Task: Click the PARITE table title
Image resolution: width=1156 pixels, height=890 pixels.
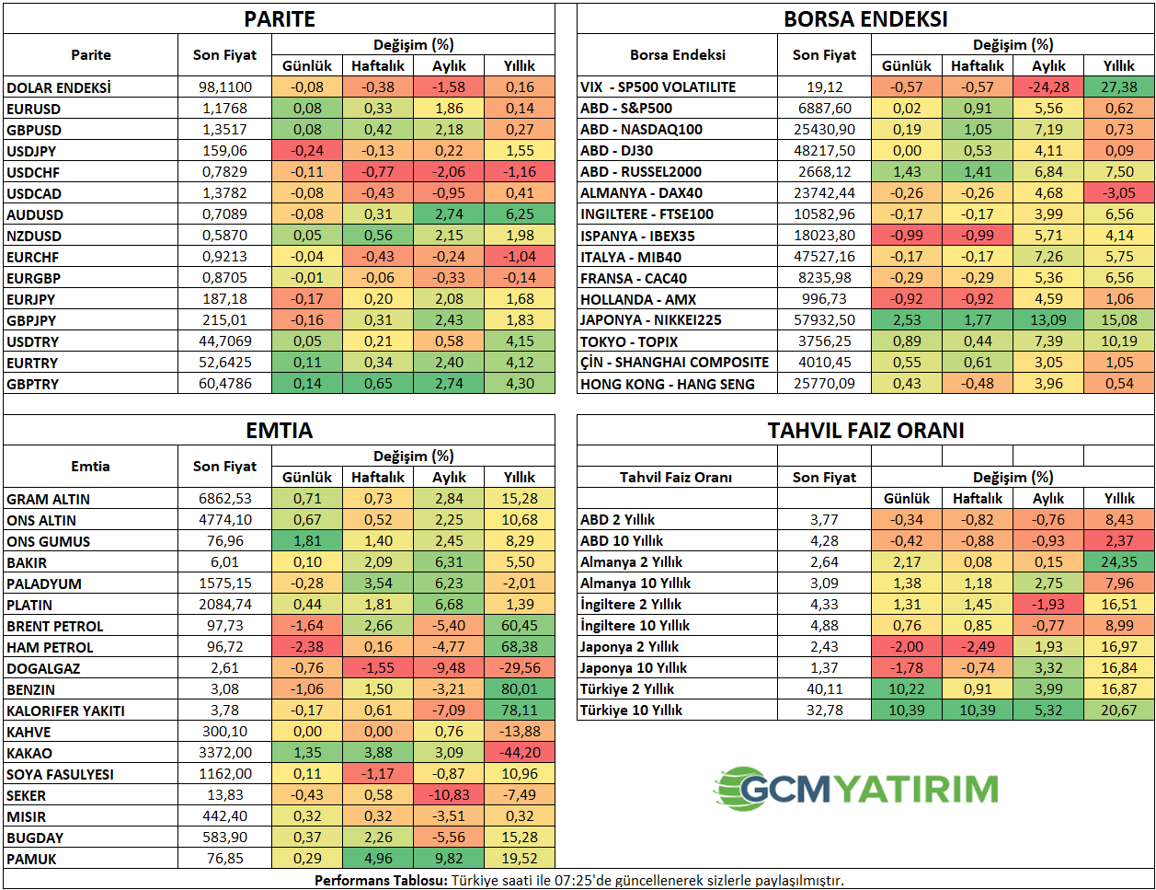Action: pyautogui.click(x=279, y=19)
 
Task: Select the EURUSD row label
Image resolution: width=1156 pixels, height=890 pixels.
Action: pyautogui.click(x=34, y=109)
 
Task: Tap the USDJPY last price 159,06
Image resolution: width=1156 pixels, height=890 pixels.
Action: pyautogui.click(x=224, y=151)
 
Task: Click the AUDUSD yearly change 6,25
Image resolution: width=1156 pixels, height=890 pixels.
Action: pyautogui.click(x=520, y=214)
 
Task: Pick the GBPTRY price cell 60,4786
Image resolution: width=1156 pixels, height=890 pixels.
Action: pyautogui.click(x=224, y=384)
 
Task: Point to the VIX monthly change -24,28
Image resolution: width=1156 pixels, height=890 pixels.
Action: pyautogui.click(x=1048, y=87)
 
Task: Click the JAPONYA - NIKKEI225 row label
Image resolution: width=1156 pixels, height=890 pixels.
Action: pyautogui.click(x=650, y=320)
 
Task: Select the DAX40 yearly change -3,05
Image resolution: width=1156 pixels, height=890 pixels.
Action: pyautogui.click(x=1119, y=193)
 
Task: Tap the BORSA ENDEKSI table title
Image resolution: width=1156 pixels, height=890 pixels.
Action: pyautogui.click(x=865, y=19)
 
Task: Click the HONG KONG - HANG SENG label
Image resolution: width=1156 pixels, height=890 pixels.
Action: pyautogui.click(x=667, y=384)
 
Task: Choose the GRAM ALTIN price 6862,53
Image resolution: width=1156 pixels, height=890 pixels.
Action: pyautogui.click(x=224, y=499)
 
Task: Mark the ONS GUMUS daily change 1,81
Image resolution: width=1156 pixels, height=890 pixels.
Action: pyautogui.click(x=307, y=541)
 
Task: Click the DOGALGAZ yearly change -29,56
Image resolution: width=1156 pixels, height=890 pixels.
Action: pyautogui.click(x=520, y=668)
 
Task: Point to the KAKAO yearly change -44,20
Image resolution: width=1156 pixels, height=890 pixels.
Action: pyautogui.click(x=520, y=753)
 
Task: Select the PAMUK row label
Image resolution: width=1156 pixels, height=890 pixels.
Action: pyautogui.click(x=32, y=859)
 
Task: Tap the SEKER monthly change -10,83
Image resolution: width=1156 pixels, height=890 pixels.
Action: pyautogui.click(x=449, y=795)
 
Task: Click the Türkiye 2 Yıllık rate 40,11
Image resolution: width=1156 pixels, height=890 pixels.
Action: pyautogui.click(x=824, y=689)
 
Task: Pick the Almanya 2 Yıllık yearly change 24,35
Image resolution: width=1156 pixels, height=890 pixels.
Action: pyautogui.click(x=1119, y=562)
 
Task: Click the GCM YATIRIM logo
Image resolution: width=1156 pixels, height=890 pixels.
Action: pyautogui.click(x=856, y=789)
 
